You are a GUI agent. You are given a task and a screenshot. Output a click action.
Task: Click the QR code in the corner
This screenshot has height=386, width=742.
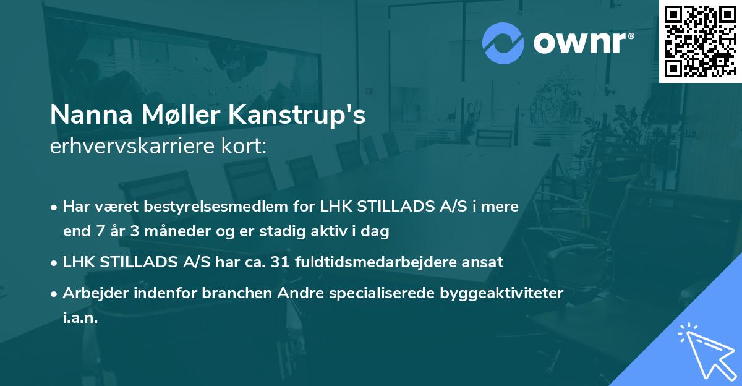click(x=700, y=41)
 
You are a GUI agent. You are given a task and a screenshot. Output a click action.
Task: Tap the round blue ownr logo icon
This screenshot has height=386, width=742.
click(x=503, y=42)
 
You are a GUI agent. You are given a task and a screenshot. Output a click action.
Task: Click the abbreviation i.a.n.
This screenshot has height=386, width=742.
click(x=80, y=319)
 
